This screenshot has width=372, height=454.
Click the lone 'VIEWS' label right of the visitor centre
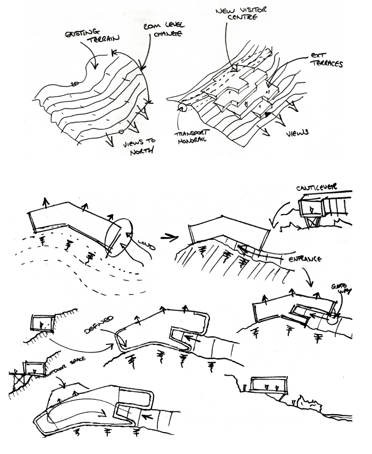pos(298,133)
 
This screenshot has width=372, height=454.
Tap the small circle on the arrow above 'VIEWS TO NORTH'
pos(121,132)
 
